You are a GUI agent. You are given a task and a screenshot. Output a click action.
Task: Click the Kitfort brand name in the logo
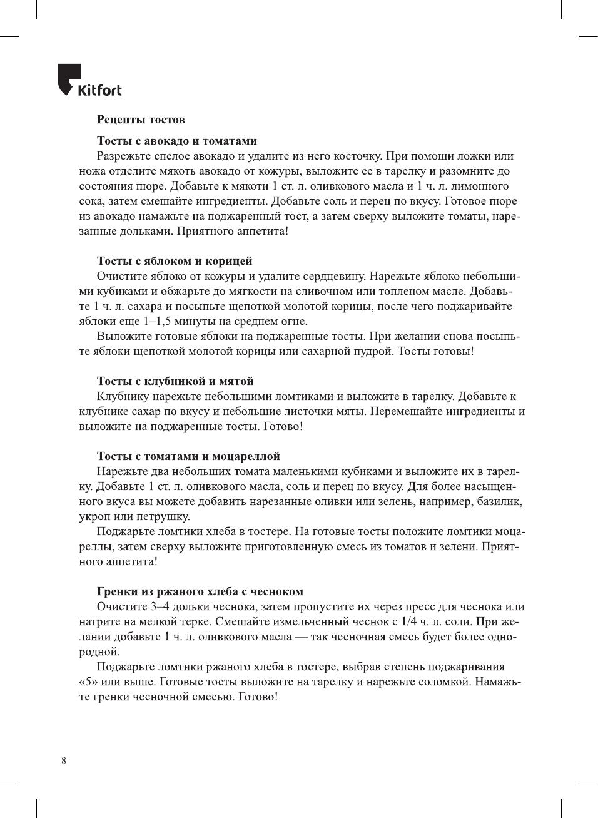click(99, 90)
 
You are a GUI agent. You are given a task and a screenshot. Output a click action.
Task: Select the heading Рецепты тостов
click(141, 120)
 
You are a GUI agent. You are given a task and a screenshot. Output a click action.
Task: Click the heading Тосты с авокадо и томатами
click(177, 141)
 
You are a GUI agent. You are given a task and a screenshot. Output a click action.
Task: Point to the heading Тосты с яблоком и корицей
click(175, 261)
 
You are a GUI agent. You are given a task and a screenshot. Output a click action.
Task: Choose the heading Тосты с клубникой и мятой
click(175, 381)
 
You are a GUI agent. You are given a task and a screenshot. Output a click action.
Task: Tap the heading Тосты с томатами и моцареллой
click(188, 456)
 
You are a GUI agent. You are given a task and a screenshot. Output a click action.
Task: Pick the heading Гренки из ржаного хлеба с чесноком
click(200, 591)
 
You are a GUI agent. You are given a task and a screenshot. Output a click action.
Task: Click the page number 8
click(64, 760)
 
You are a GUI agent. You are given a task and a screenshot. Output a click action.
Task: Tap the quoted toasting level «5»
click(88, 682)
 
